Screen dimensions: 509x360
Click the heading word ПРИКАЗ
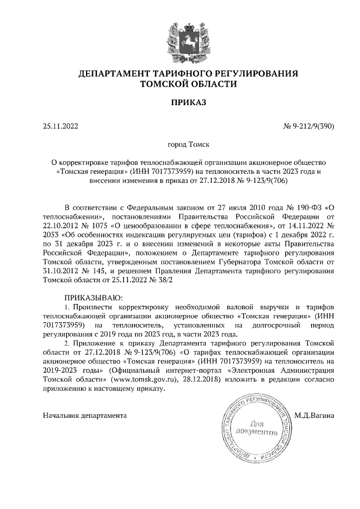click(181, 102)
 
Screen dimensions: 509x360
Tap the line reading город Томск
click(181, 145)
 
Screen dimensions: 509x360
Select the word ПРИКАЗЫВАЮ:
click(93, 296)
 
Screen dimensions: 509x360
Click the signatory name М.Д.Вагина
click(314, 416)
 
